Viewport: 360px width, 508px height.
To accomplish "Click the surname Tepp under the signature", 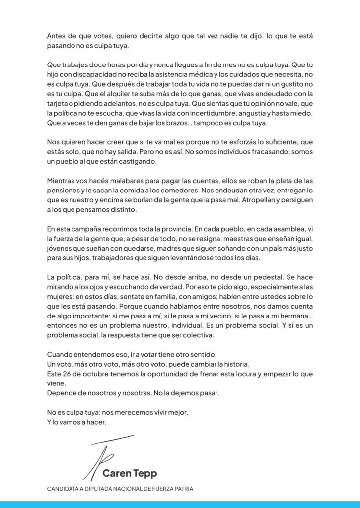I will click(x=145, y=473).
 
